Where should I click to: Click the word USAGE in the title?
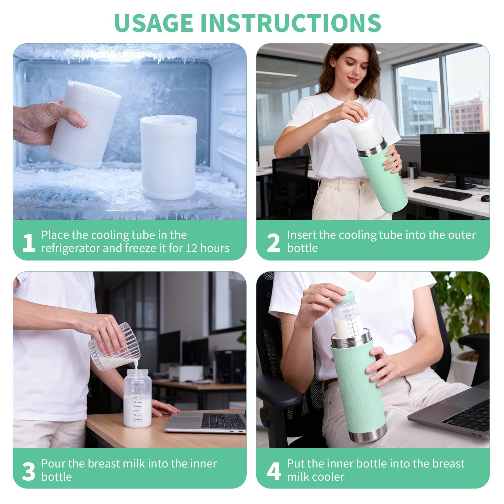(x=153, y=23)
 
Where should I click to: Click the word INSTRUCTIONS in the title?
(x=291, y=23)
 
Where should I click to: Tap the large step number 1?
(x=29, y=243)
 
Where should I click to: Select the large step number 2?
(x=273, y=243)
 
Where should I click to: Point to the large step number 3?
(x=29, y=472)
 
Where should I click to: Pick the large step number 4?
(x=273, y=472)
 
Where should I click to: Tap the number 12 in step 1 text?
(x=191, y=248)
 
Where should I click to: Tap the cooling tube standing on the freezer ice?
(x=164, y=157)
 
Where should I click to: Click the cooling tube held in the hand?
(x=84, y=123)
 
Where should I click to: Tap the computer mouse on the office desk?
(x=485, y=198)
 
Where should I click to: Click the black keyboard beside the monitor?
(x=442, y=193)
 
